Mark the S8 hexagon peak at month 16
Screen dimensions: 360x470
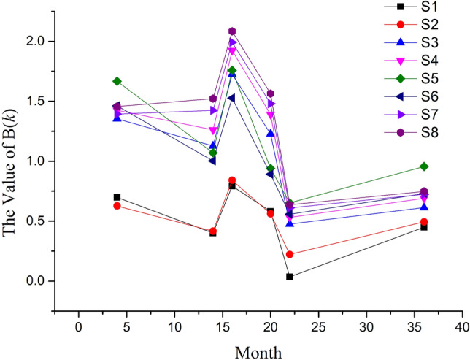point(232,31)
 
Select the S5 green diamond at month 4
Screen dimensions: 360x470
point(117,81)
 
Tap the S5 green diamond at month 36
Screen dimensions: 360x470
point(424,166)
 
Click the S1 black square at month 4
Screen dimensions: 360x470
point(117,197)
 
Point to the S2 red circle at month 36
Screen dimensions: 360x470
point(424,222)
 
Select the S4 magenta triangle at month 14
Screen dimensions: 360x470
point(213,131)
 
